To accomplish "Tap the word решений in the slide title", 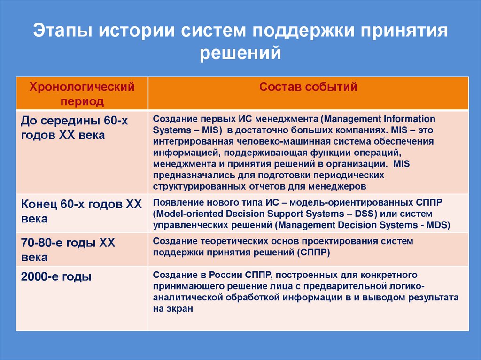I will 240,53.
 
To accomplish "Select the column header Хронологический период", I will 82,93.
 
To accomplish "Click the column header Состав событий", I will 308,87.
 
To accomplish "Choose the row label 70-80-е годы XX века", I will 68,250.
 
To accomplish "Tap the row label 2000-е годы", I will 56,276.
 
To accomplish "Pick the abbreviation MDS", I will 437,225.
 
